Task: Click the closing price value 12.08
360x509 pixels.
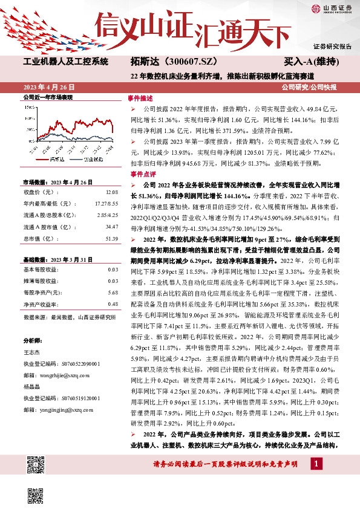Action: (112, 192)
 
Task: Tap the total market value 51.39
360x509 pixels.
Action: (111, 239)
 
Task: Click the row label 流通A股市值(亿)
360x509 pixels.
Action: (45, 227)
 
